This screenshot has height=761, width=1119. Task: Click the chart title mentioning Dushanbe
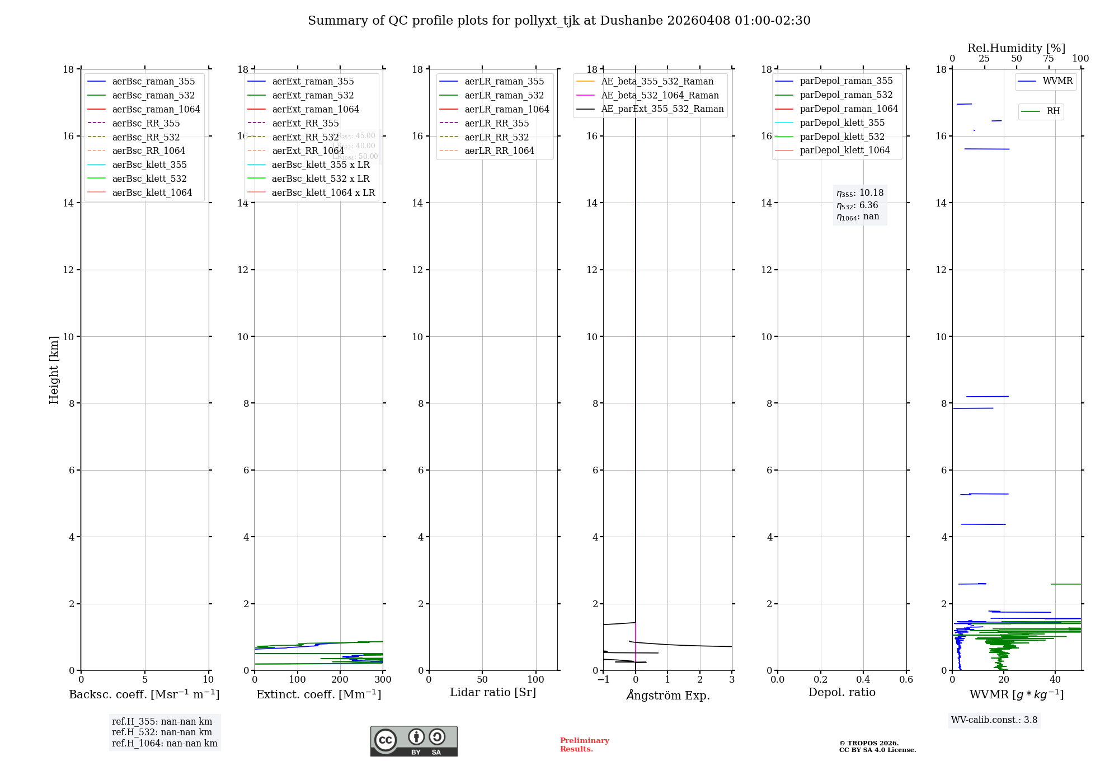click(559, 21)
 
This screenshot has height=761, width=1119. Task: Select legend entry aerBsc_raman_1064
click(156, 109)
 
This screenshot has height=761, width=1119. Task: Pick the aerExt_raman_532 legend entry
click(313, 95)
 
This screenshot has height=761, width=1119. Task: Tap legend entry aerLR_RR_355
click(497, 123)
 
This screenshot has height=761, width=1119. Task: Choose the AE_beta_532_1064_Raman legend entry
click(660, 95)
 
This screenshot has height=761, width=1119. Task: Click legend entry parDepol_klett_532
click(842, 137)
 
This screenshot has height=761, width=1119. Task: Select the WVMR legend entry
click(1057, 81)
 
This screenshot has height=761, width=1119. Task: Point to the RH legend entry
click(1053, 111)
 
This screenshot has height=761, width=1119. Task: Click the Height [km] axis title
click(54, 369)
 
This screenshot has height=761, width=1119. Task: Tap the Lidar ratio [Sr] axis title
click(493, 692)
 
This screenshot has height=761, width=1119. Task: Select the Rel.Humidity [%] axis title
click(1016, 48)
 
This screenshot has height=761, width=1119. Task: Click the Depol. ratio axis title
click(841, 692)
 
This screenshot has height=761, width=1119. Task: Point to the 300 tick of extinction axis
click(383, 679)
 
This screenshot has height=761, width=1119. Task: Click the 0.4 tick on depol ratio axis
click(863, 679)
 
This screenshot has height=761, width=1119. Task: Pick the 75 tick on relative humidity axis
click(1049, 59)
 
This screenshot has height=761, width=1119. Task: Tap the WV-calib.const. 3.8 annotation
click(994, 720)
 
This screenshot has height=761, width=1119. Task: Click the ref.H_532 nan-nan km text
click(162, 732)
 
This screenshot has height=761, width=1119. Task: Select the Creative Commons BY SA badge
click(413, 741)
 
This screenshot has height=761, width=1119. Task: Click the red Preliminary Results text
click(584, 744)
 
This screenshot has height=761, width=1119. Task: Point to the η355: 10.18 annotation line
click(860, 193)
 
